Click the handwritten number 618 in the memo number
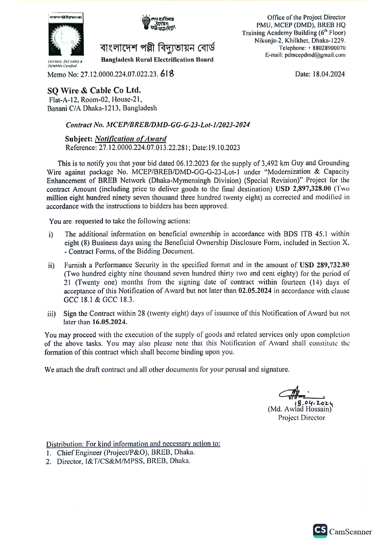(167, 74)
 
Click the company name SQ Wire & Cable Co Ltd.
(94, 91)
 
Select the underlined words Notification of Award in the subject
(130, 139)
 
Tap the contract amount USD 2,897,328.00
(303, 189)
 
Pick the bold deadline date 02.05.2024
(255, 291)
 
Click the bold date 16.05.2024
(110, 322)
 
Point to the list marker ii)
(51, 266)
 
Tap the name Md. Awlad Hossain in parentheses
(299, 409)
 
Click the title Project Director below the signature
(302, 418)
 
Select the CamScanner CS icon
(320, 530)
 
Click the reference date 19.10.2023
(224, 148)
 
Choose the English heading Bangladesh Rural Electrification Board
(157, 60)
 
